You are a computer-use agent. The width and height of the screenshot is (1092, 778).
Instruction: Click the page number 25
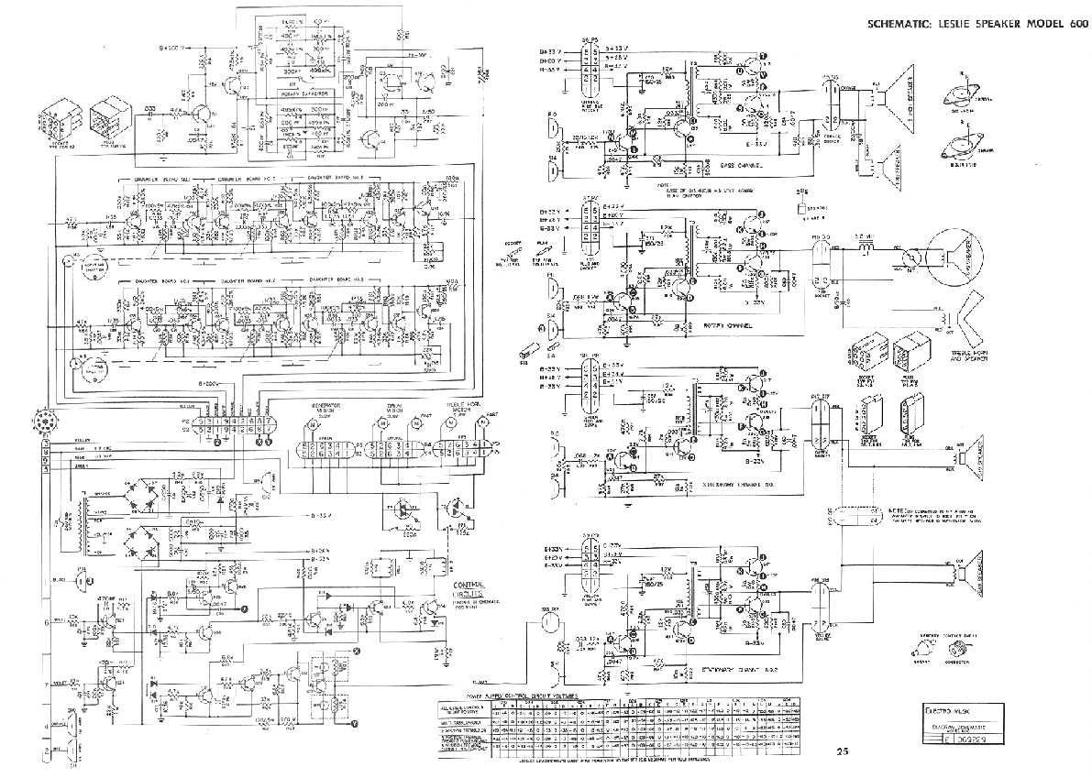click(843, 752)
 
